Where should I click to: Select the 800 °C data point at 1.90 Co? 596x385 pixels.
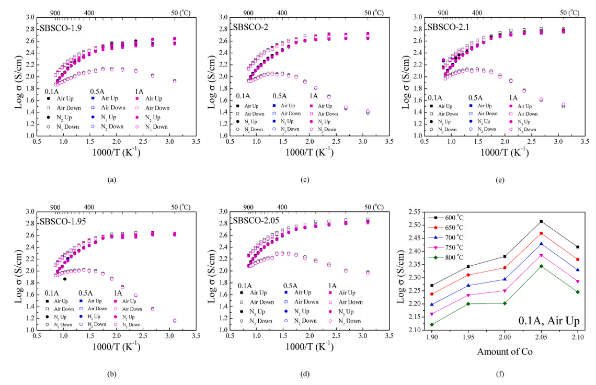[432, 324]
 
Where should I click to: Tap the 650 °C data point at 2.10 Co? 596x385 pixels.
[578, 259]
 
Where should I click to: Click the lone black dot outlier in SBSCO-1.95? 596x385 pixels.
[64, 279]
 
